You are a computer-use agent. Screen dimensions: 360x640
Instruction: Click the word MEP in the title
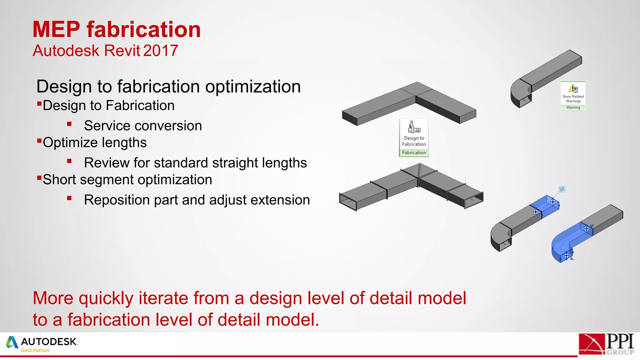57,30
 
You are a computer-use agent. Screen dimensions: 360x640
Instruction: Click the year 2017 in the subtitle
161,51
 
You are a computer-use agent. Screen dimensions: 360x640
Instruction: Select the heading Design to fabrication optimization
168,87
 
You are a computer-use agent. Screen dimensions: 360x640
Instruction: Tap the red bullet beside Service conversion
69,124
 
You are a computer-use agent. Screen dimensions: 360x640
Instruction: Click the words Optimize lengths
95,142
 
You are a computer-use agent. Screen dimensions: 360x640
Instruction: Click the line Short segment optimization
127,180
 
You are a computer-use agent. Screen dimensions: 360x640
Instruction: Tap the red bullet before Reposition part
69,198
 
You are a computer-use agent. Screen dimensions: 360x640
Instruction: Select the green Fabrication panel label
414,152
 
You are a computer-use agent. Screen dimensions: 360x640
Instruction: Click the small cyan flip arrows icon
562,189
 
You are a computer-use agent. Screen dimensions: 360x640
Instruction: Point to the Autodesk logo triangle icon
12,342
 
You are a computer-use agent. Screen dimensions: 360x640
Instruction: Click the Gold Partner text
35,350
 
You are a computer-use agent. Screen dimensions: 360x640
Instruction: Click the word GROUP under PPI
620,352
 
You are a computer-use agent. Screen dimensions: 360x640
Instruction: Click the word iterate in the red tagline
163,298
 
